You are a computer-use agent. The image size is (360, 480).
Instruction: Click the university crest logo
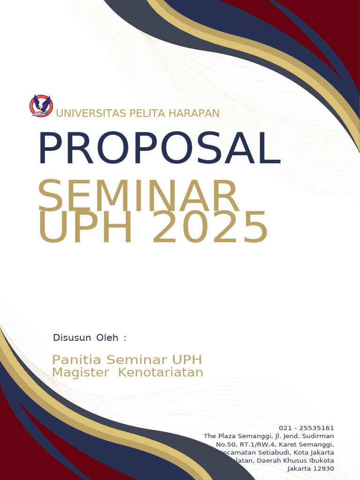pos(41,105)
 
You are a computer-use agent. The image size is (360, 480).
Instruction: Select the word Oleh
pos(107,337)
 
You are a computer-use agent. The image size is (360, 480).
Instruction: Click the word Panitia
pos(77,360)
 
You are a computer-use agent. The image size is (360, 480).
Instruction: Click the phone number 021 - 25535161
pos(306,428)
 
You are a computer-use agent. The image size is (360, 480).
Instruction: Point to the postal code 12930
pos(323,469)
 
